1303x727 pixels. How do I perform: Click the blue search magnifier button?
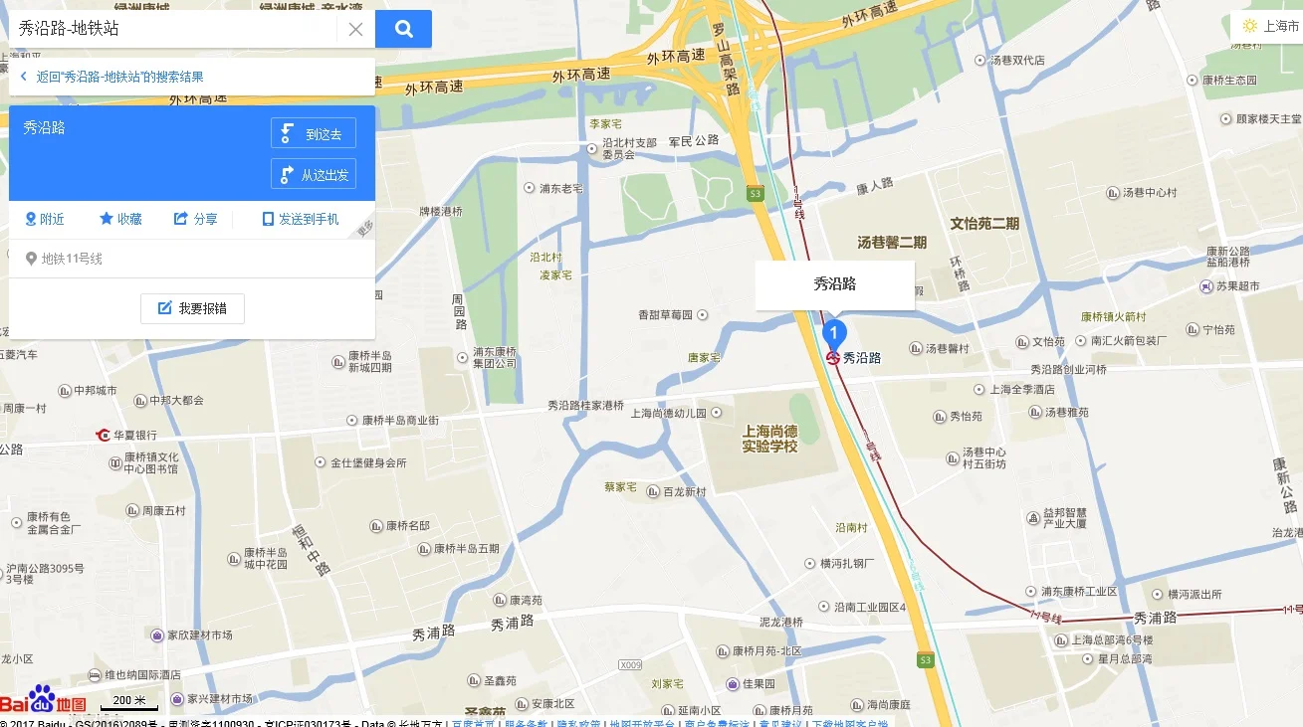coord(403,29)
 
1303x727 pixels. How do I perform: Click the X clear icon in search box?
coord(355,29)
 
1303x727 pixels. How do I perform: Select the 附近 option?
coord(45,219)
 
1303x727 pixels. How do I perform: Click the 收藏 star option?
coord(120,219)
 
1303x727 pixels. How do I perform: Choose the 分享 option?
coord(196,219)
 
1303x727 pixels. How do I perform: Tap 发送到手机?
coord(300,219)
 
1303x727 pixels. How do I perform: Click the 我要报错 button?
coord(192,308)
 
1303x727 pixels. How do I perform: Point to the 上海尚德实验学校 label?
coord(769,439)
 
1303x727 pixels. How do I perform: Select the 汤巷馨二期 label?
coord(892,242)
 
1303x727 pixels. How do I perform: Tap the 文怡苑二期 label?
coord(984,223)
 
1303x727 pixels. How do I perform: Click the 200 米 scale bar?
coord(128,702)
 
